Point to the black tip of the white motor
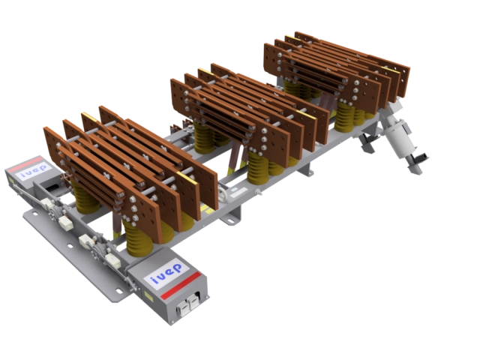417,160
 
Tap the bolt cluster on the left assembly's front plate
133,207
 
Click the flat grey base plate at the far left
52,232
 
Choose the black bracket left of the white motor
367,142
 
